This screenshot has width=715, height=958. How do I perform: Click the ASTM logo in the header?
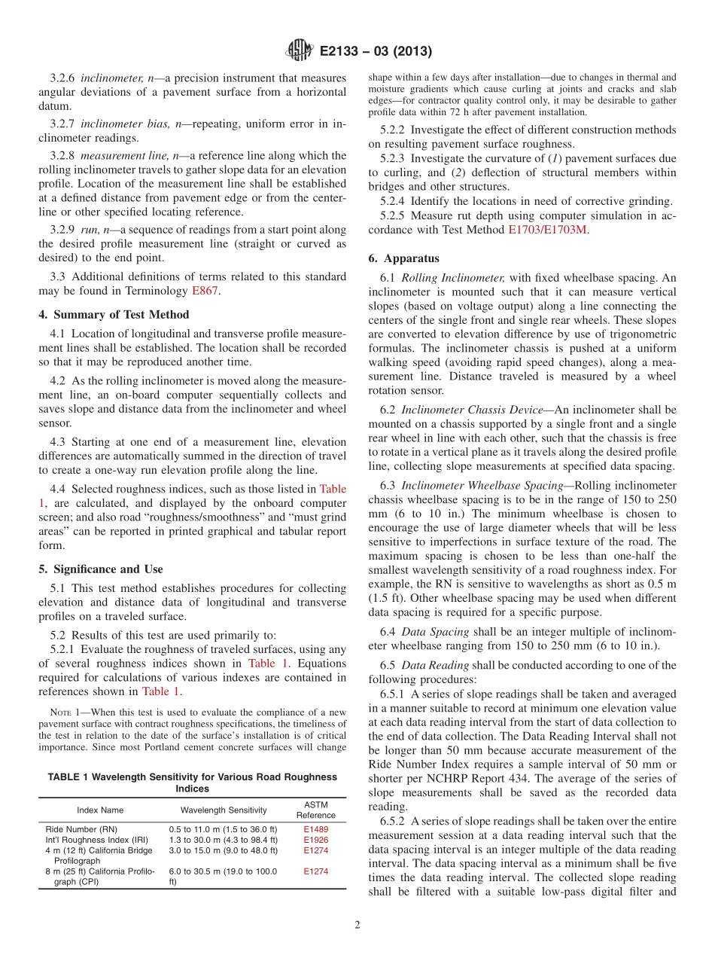click(x=299, y=51)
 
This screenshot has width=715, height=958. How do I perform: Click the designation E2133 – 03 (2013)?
click(x=375, y=52)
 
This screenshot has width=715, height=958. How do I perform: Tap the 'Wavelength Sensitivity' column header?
click(x=224, y=810)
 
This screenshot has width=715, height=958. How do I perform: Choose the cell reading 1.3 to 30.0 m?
click(x=223, y=840)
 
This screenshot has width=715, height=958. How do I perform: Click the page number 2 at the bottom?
click(x=357, y=926)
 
